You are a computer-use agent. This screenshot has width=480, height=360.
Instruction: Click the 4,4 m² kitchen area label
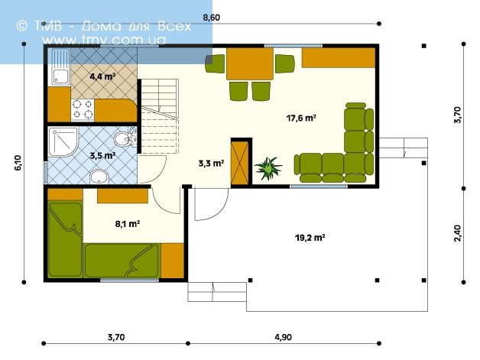tap(102, 76)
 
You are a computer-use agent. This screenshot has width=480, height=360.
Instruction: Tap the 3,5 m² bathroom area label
tap(102, 155)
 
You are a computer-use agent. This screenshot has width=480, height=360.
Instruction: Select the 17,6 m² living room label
tap(301, 118)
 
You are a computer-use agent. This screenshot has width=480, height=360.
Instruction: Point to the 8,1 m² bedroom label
tap(128, 224)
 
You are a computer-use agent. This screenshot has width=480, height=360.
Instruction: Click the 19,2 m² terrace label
tap(310, 237)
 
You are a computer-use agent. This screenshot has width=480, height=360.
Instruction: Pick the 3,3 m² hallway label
tap(211, 163)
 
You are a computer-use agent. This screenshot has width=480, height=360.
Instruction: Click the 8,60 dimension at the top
tap(211, 18)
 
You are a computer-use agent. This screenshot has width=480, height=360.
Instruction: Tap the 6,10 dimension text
tap(18, 163)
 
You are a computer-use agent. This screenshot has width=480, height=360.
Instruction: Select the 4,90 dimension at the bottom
tap(283, 337)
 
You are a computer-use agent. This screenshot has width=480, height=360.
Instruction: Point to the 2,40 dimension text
tap(457, 233)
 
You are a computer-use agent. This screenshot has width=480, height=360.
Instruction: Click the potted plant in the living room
tap(268, 168)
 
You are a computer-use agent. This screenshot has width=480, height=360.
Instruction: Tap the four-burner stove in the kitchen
tap(83, 110)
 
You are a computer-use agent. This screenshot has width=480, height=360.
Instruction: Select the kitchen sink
tap(60, 66)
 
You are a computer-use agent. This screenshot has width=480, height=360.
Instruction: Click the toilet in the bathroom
tap(125, 138)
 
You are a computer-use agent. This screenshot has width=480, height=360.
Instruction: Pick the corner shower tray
tap(63, 142)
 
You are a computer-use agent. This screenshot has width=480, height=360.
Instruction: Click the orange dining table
tap(249, 63)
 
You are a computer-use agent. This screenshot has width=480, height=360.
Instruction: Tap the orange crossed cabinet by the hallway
tap(239, 163)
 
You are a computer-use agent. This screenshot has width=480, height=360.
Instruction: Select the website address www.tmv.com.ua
tap(104, 40)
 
